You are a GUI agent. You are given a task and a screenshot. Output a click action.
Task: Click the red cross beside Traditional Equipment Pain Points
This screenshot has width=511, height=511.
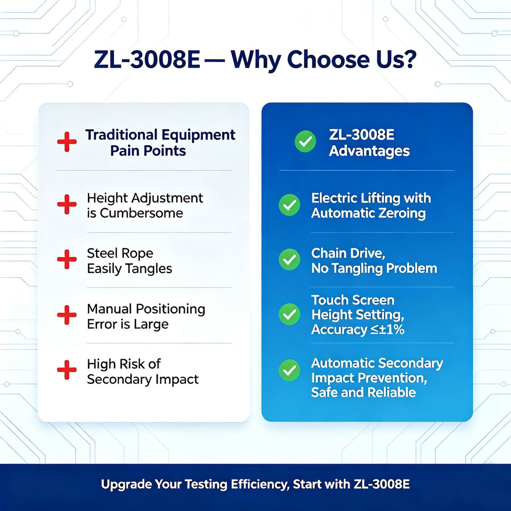[67, 142]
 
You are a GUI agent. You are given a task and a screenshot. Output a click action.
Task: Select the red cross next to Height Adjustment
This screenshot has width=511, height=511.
[67, 204]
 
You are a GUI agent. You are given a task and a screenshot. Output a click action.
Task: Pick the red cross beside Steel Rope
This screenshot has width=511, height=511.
[67, 259]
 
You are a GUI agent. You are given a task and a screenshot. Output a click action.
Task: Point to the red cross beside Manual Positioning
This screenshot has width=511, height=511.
[67, 315]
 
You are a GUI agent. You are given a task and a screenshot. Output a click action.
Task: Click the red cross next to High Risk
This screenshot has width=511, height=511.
[67, 370]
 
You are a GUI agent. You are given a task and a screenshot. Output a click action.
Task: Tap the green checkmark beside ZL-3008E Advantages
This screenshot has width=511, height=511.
[306, 142]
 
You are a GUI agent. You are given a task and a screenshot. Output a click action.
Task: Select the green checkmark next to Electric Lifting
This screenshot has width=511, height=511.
[290, 205]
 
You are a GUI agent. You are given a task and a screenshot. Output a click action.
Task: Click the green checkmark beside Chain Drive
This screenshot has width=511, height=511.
[290, 259]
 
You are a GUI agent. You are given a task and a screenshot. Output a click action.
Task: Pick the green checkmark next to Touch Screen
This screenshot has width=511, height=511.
[290, 314]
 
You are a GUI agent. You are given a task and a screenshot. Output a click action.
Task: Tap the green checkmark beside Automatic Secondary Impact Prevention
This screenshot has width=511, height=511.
[290, 370]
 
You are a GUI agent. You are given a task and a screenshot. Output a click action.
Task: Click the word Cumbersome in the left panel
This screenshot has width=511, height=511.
[142, 213]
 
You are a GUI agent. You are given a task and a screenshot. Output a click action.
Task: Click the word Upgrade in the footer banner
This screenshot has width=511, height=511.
[126, 484]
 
